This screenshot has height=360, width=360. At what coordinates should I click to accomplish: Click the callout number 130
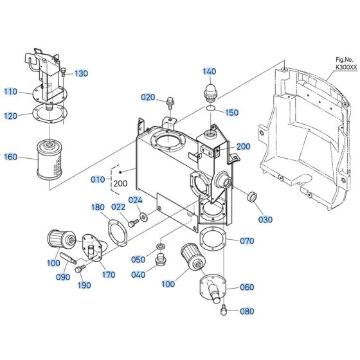click(x=81, y=73)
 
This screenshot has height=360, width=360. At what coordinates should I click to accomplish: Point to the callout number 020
click(x=148, y=97)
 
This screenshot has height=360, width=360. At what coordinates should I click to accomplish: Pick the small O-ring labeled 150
click(x=212, y=111)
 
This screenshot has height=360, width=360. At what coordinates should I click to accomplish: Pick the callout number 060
click(x=246, y=287)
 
